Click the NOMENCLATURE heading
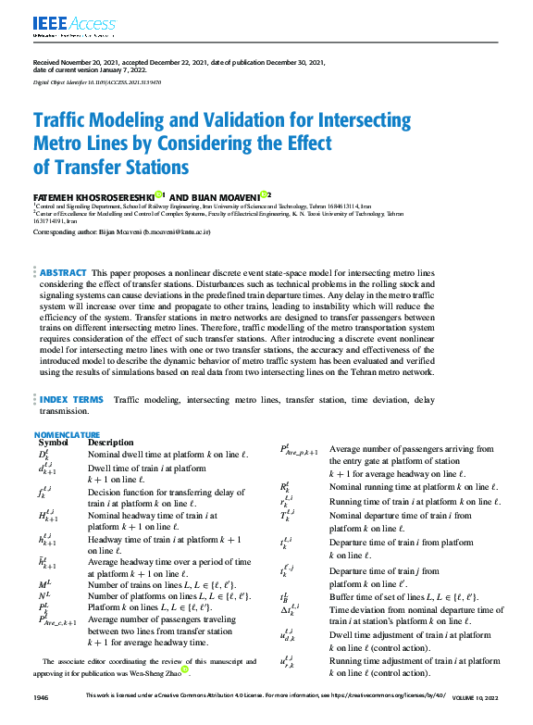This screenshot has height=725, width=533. [67, 433]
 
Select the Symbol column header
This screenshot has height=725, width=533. [53, 443]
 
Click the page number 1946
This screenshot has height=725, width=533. [41, 695]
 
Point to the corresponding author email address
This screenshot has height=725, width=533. [175, 232]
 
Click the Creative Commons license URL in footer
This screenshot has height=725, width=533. [384, 695]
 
